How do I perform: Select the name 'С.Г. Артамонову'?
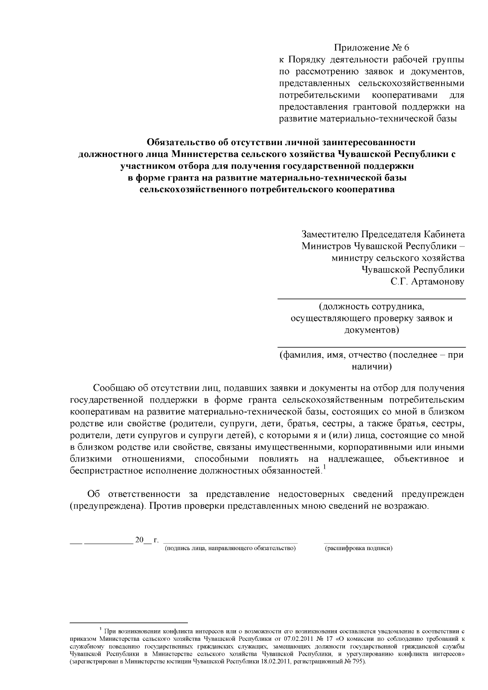pyautogui.click(x=427, y=281)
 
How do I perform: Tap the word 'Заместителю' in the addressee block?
pyautogui.click(x=329, y=234)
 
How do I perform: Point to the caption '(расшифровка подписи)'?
pyautogui.click(x=358, y=549)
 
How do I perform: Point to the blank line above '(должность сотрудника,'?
pyautogui.click(x=371, y=299)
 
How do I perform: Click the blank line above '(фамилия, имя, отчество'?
pyautogui.click(x=371, y=347)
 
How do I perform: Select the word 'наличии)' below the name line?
pyautogui.click(x=371, y=367)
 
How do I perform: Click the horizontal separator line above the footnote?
pyautogui.click(x=129, y=623)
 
